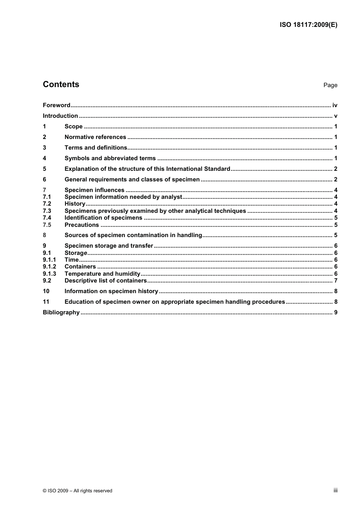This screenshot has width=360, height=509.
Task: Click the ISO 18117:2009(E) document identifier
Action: point(308,25)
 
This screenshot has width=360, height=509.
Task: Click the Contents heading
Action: point(61,84)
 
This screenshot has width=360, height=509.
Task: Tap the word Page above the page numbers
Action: point(330,85)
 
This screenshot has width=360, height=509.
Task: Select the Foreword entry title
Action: point(56,105)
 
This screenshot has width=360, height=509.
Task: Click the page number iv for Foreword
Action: point(335,105)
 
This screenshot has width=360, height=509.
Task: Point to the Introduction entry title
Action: point(60,116)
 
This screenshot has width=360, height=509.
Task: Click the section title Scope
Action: point(74,126)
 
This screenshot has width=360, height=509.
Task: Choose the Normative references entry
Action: point(95,137)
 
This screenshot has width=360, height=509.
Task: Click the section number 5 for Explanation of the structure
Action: point(44,169)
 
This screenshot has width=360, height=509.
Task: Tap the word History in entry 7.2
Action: point(75,204)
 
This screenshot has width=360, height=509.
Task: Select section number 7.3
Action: point(47,211)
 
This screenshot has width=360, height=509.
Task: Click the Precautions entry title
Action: point(81,225)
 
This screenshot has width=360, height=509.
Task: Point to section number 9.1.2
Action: point(49,267)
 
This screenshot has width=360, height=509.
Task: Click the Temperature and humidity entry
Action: point(102,274)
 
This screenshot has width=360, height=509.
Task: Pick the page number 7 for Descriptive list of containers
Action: point(336,281)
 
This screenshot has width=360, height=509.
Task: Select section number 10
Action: point(46,291)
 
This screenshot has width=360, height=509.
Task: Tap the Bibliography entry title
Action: point(61,312)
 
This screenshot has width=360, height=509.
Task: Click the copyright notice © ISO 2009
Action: point(77,491)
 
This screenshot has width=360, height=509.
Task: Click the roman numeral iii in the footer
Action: point(335,490)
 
